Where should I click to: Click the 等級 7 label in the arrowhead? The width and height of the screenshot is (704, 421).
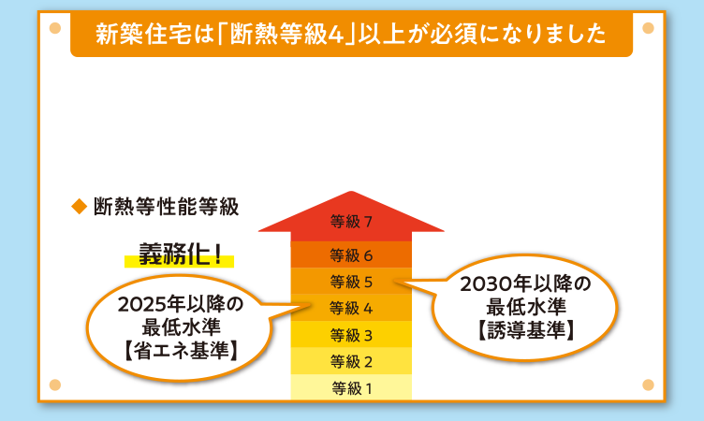tap(351, 222)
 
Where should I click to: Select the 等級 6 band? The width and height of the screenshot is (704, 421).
tap(351, 254)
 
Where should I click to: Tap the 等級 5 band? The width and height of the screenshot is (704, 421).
tap(351, 281)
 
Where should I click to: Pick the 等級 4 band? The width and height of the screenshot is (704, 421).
tap(351, 308)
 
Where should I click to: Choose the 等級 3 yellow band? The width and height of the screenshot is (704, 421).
tap(351, 335)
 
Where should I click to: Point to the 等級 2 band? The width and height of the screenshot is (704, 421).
tap(351, 361)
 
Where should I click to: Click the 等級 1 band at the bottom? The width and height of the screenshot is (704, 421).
tap(351, 387)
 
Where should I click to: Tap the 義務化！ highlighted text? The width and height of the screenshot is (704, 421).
tap(181, 254)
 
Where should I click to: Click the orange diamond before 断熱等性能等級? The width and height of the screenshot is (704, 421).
tap(79, 205)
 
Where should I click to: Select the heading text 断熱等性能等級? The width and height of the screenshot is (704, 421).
tap(166, 206)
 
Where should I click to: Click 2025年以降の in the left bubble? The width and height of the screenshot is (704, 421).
tap(181, 305)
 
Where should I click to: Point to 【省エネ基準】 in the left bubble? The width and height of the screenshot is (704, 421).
tap(181, 351)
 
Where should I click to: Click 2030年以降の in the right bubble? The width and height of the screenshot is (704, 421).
tap(527, 283)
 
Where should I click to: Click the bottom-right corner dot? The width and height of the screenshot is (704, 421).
tap(648, 384)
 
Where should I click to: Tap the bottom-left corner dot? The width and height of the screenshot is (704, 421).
tap(53, 384)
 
